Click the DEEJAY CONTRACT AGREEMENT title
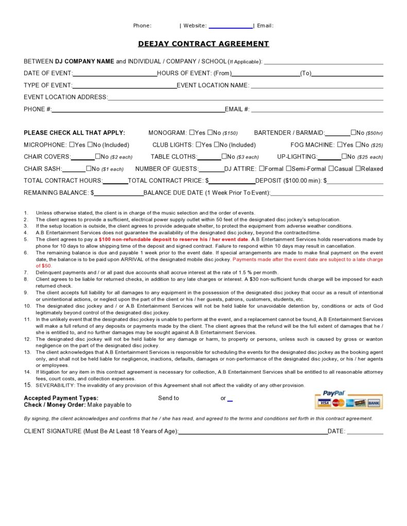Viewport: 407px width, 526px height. click(203, 44)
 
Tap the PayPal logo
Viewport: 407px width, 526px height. click(334, 393)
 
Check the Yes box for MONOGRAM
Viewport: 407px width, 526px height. click(192, 132)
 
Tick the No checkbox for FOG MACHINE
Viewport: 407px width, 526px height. click(359, 145)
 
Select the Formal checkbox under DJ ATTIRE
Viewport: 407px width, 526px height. click(262, 168)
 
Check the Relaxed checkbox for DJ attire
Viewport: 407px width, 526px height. click(359, 168)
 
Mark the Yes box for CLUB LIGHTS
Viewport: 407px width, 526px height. click(199, 145)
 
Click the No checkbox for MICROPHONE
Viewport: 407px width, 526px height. click(91, 145)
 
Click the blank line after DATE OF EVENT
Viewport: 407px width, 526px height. click(115, 74)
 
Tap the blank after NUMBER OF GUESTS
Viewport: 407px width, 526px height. click(211, 169)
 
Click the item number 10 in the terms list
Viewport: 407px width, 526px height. click(27, 306)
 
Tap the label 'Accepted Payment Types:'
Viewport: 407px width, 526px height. click(61, 398)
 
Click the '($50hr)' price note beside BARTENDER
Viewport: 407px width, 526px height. click(374, 133)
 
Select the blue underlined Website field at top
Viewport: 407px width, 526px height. click(230, 26)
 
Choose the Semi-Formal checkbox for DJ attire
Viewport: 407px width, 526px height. click(289, 168)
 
